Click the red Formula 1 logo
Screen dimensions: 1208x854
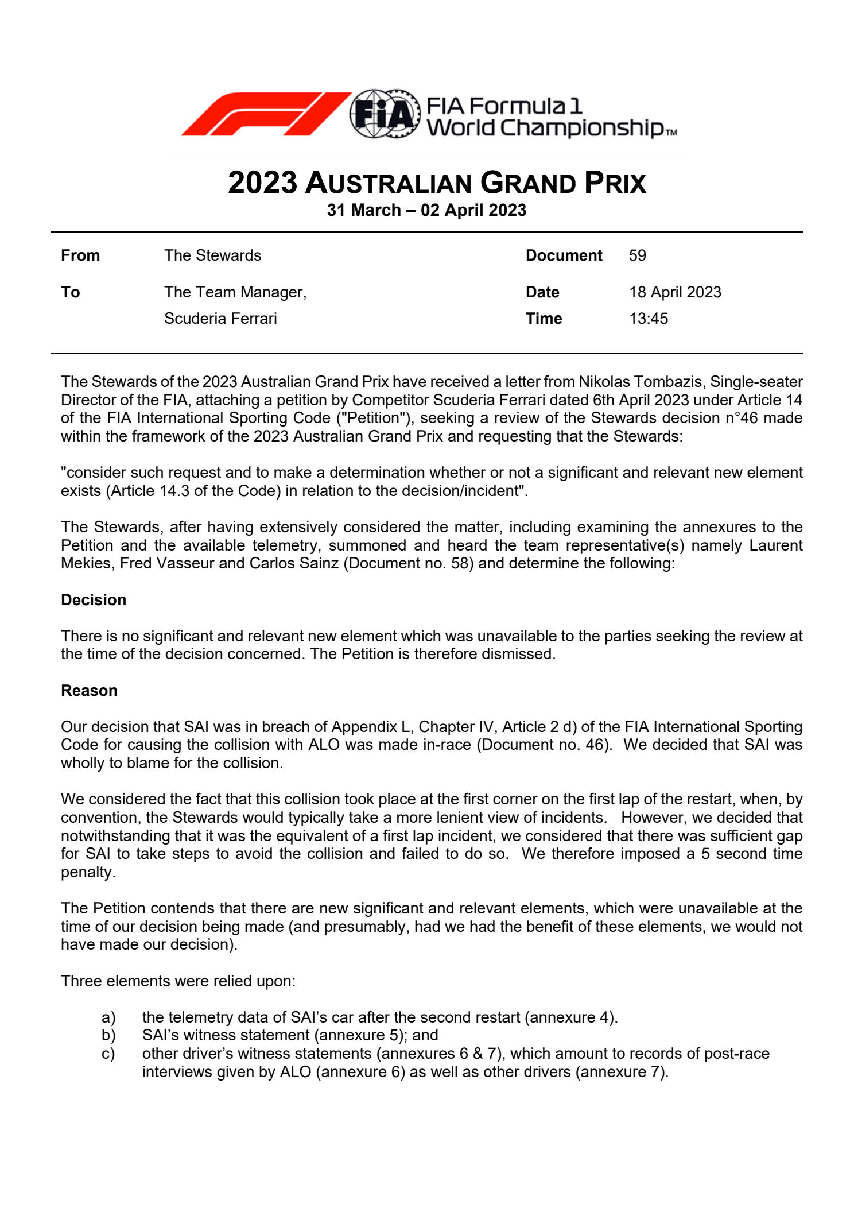pyautogui.click(x=266, y=114)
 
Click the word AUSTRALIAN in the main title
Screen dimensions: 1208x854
pyautogui.click(x=390, y=184)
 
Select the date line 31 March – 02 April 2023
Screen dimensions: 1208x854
pyautogui.click(x=426, y=210)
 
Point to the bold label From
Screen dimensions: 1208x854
pyautogui.click(x=80, y=255)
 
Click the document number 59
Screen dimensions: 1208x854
pyautogui.click(x=637, y=255)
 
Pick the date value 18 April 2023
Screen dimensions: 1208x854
pyautogui.click(x=675, y=292)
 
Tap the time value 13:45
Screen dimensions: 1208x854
pyautogui.click(x=649, y=319)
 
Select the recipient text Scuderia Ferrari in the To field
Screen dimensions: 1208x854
pyautogui.click(x=220, y=319)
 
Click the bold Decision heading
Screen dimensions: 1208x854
pyautogui.click(x=94, y=600)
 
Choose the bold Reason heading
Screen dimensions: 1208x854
pyautogui.click(x=89, y=691)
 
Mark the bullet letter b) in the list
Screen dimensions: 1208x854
pyautogui.click(x=108, y=1035)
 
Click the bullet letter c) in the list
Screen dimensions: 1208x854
pyautogui.click(x=108, y=1054)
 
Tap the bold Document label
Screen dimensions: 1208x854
pyautogui.click(x=564, y=255)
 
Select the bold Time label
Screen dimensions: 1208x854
pyautogui.click(x=544, y=319)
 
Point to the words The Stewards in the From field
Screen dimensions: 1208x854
pyautogui.click(x=212, y=255)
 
